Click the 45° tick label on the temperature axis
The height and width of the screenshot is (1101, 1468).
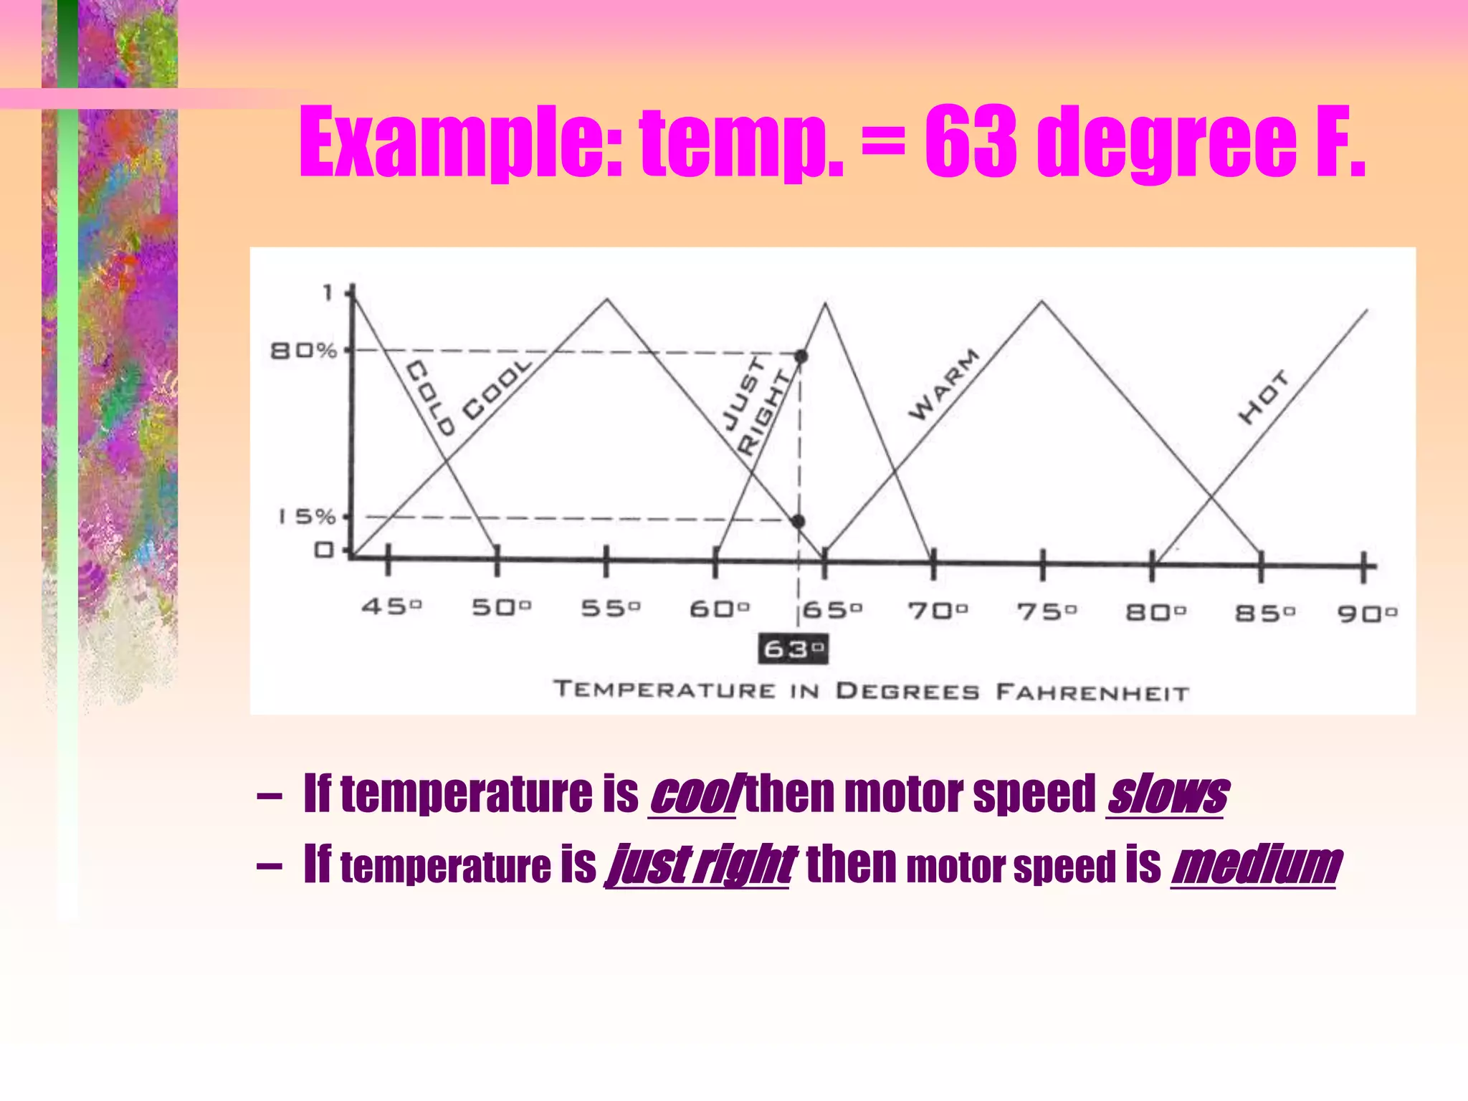[391, 607]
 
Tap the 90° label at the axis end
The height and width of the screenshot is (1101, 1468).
[1367, 614]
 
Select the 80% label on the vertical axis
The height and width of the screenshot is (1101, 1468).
[303, 351]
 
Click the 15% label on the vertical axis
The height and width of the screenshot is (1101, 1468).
[307, 517]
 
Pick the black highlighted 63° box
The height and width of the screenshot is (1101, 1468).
[793, 649]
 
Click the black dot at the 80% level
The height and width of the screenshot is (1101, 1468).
[801, 356]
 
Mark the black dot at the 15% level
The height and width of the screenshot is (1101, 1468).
[798, 521]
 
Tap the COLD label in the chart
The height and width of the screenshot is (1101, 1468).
[430, 399]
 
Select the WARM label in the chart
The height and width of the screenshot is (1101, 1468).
[944, 385]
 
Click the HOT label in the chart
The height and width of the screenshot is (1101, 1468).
[1263, 398]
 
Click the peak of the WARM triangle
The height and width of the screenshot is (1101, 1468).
[1042, 302]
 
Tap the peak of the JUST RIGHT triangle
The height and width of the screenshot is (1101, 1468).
[826, 304]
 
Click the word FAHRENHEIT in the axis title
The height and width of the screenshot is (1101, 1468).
[1092, 692]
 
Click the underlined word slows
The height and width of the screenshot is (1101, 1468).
[1166, 795]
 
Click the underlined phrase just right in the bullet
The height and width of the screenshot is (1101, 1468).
[699, 864]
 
